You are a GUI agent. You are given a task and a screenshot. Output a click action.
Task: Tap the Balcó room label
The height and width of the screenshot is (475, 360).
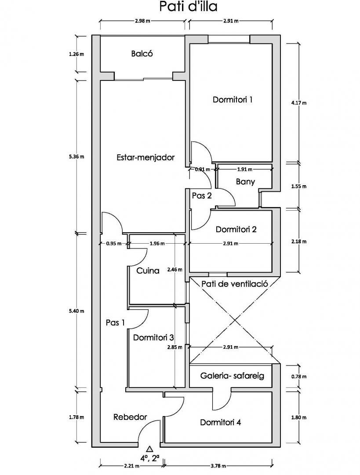[x=142, y=54]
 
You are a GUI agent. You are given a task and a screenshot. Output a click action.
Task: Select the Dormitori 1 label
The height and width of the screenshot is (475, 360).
[x=233, y=100]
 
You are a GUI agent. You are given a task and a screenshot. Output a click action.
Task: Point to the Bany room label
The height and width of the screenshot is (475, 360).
[x=245, y=182]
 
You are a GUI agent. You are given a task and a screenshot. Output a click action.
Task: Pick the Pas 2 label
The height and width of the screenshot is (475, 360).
[x=202, y=196]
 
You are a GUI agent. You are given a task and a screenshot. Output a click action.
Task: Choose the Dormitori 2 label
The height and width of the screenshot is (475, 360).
[x=236, y=229]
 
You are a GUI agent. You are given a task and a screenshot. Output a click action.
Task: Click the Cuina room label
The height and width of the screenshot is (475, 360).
[x=148, y=271]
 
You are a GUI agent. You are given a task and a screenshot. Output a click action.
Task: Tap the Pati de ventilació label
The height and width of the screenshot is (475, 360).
[x=235, y=284]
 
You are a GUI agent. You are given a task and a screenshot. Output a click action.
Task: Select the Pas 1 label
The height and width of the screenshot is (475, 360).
[x=116, y=322]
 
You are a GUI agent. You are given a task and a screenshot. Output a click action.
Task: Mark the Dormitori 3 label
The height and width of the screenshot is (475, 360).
[x=153, y=338]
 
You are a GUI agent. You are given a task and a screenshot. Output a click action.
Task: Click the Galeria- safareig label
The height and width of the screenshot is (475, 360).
[x=232, y=376]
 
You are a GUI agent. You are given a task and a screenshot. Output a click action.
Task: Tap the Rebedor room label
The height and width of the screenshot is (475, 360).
[x=130, y=417]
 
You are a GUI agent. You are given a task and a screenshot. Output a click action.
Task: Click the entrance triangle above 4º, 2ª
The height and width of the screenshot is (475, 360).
[x=149, y=449]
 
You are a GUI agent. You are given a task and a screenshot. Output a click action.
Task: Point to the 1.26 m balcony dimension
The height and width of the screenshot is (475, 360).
[x=76, y=55]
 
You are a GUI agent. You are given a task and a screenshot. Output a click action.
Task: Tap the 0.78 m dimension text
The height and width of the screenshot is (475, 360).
[x=299, y=376]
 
